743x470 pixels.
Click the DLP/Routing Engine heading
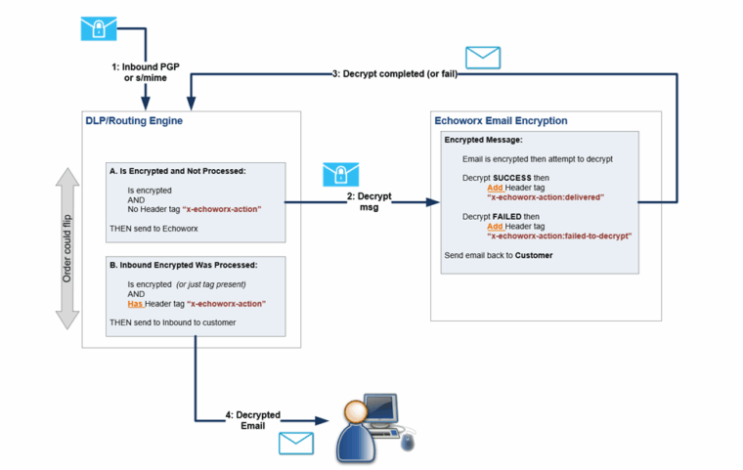click(134, 120)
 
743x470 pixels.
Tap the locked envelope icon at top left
click(98, 28)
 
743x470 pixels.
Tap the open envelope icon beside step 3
click(482, 58)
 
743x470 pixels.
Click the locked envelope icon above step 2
click(339, 176)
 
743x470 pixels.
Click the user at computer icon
click(376, 426)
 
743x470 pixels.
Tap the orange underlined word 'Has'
click(136, 304)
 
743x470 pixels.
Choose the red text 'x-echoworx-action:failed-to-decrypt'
click(560, 235)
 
